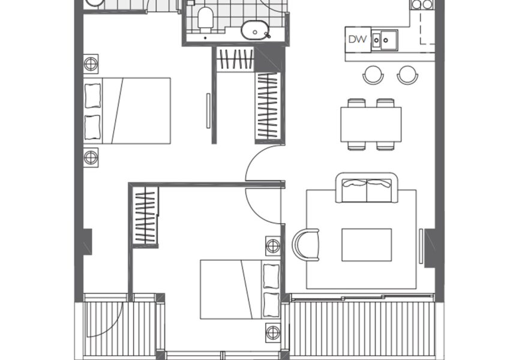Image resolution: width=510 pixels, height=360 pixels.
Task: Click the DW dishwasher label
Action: pyautogui.click(x=358, y=40)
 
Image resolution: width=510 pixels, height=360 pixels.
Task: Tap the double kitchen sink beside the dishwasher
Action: pyautogui.click(x=385, y=40)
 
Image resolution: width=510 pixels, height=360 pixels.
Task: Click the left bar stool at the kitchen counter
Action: pyautogui.click(x=373, y=75)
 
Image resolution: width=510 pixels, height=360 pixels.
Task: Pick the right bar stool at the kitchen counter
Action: pyautogui.click(x=407, y=75)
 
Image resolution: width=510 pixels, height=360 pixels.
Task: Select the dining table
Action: pyautogui.click(x=371, y=124)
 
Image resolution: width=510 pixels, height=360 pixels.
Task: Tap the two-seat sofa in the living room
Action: pyautogui.click(x=367, y=188)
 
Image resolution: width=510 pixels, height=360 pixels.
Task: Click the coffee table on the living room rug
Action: pyautogui.click(x=367, y=245)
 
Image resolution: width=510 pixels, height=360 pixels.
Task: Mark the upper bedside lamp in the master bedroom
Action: pyautogui.click(x=91, y=64)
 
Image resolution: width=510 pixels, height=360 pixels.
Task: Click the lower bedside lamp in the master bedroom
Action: pyautogui.click(x=91, y=158)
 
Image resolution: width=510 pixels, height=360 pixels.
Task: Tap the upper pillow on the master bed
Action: pyautogui.click(x=92, y=95)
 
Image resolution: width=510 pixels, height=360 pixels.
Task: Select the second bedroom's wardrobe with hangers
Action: pyautogui.click(x=145, y=216)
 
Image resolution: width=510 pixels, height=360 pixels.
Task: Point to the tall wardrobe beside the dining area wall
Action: pyautogui.click(x=268, y=106)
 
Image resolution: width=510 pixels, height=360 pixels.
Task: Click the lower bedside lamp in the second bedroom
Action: pyautogui.click(x=273, y=332)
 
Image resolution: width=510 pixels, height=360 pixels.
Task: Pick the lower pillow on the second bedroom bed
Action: pyautogui.click(x=271, y=305)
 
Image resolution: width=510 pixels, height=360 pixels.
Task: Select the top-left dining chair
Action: pyautogui.click(x=356, y=103)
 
